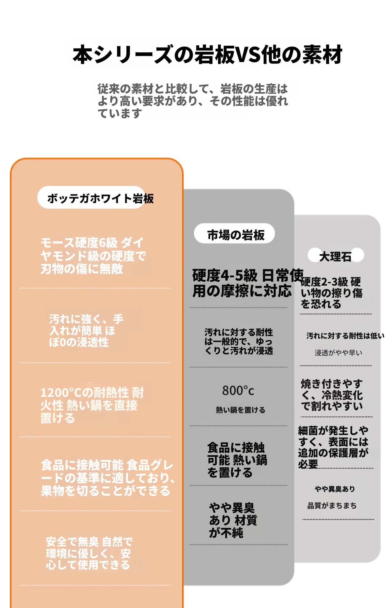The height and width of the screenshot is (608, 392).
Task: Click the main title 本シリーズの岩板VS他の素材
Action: (208, 54)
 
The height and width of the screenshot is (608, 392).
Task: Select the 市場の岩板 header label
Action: (235, 234)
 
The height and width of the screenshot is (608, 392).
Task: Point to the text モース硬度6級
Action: (79, 243)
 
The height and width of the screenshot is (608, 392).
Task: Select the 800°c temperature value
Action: (238, 390)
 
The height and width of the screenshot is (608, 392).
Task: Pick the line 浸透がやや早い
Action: (338, 352)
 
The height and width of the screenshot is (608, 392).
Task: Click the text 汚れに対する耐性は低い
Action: (345, 336)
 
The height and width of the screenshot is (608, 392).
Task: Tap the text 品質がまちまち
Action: (332, 505)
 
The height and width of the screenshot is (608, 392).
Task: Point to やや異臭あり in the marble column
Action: (335, 489)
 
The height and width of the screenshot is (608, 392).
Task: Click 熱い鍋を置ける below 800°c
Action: (240, 410)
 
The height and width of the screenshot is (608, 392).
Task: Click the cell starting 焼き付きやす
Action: (332, 395)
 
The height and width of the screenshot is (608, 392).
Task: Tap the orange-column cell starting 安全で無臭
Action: (89, 553)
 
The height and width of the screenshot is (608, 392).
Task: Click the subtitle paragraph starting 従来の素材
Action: (193, 101)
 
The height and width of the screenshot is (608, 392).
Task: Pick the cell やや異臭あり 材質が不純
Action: (233, 520)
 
